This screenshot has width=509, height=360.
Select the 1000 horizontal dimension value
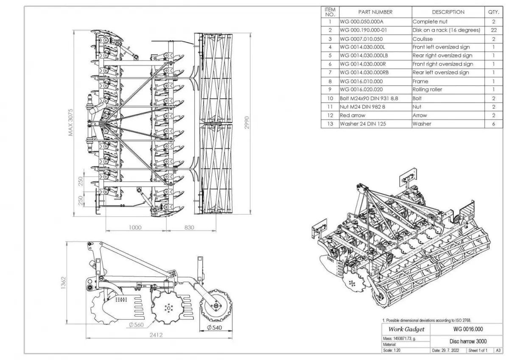(x=135, y=228)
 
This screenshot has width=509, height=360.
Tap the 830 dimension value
(x=189, y=228)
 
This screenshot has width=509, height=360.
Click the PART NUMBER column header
(x=375, y=12)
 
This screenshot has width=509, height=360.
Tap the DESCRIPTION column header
(x=448, y=12)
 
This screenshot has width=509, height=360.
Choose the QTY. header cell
(x=494, y=12)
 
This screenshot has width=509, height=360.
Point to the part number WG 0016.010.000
(x=361, y=81)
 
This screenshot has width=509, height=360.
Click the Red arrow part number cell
(x=352, y=115)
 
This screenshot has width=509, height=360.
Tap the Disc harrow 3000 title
(x=468, y=341)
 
